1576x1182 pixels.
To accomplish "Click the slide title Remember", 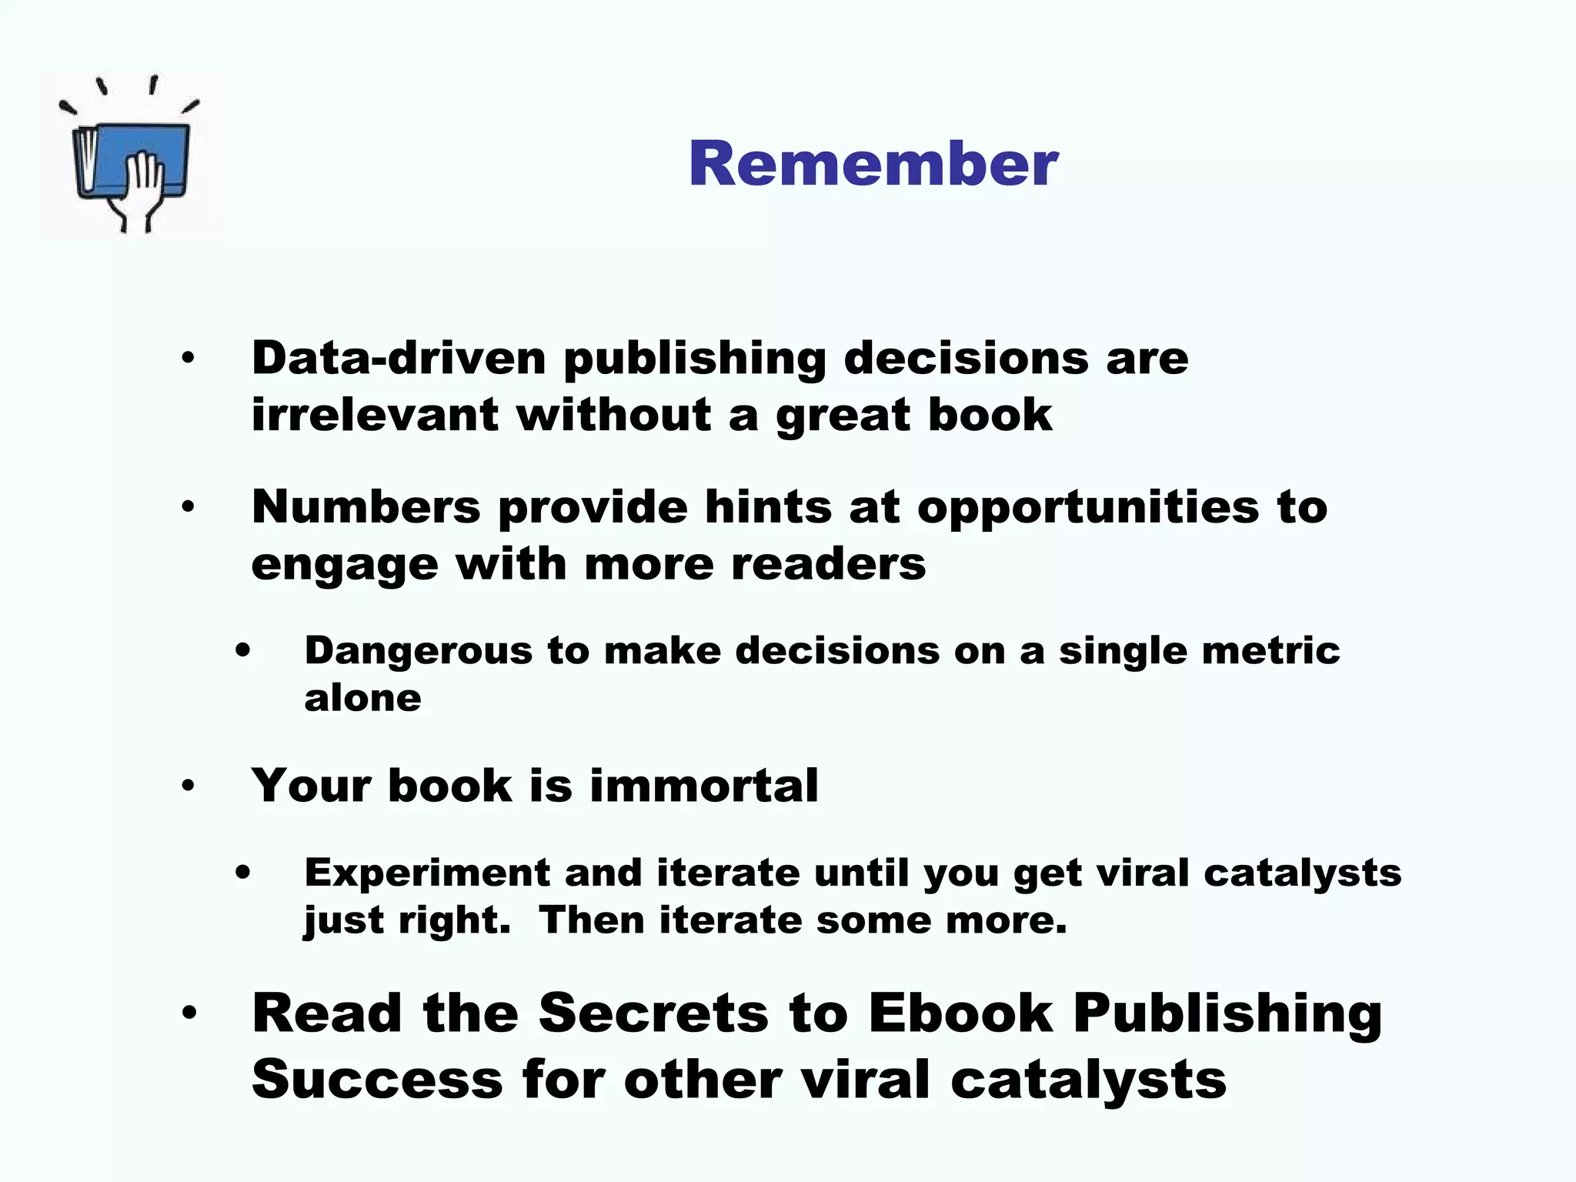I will click(x=873, y=164).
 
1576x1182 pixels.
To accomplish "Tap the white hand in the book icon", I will click(x=144, y=185).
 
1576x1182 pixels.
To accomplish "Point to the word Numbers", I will click(x=366, y=507).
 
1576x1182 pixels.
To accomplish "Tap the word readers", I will click(x=828, y=564).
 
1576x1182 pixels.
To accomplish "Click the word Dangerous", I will click(x=418, y=651).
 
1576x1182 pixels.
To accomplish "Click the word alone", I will click(x=362, y=698).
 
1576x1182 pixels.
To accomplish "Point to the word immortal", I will click(x=703, y=786).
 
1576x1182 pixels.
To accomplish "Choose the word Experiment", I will click(x=427, y=873).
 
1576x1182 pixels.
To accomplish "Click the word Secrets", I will click(x=653, y=1013).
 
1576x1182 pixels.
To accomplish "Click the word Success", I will click(x=377, y=1080).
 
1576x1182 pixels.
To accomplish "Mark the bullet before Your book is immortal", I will click(x=189, y=786).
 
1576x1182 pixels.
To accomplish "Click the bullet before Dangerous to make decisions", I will click(x=243, y=652).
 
